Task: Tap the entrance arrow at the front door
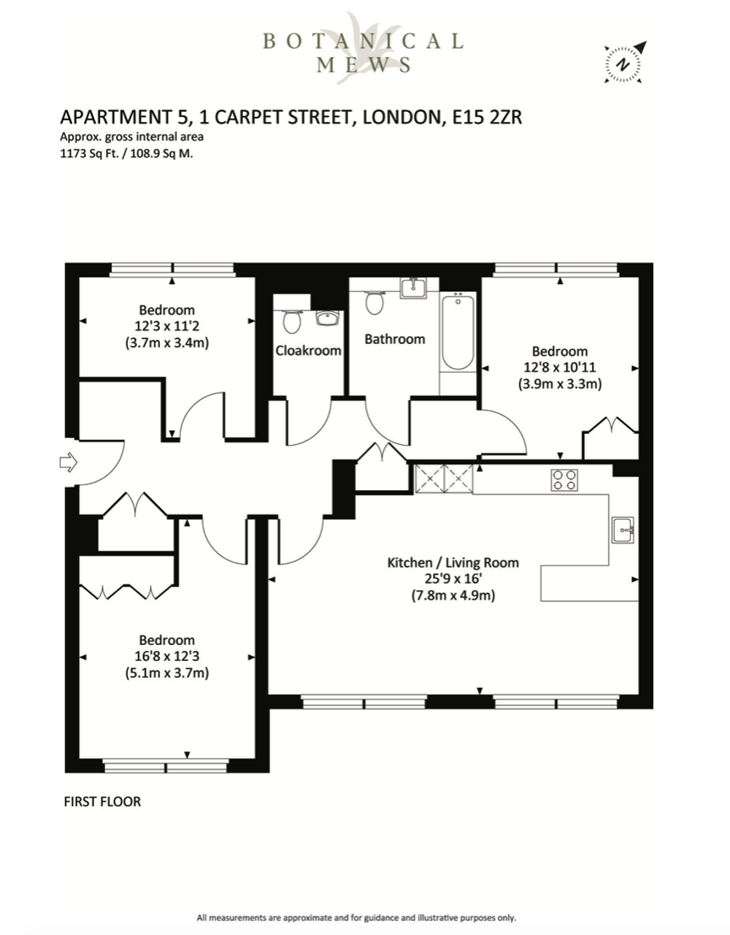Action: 69,463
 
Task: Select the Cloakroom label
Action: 308,350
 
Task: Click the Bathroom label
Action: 395,339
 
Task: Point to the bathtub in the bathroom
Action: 458,332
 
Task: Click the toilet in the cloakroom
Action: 292,321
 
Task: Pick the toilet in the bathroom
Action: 375,302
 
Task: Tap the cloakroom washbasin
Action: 328,318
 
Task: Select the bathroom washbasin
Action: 413,287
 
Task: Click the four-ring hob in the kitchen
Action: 564,480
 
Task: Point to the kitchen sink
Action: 623,530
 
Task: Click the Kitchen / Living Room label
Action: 453,562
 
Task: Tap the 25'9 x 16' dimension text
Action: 453,579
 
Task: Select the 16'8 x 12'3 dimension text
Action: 167,656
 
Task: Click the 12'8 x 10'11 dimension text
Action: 560,367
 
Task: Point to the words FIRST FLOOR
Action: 102,801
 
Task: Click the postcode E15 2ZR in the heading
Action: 487,117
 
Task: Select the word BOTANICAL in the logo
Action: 364,42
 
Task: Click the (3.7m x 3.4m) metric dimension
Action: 167,343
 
